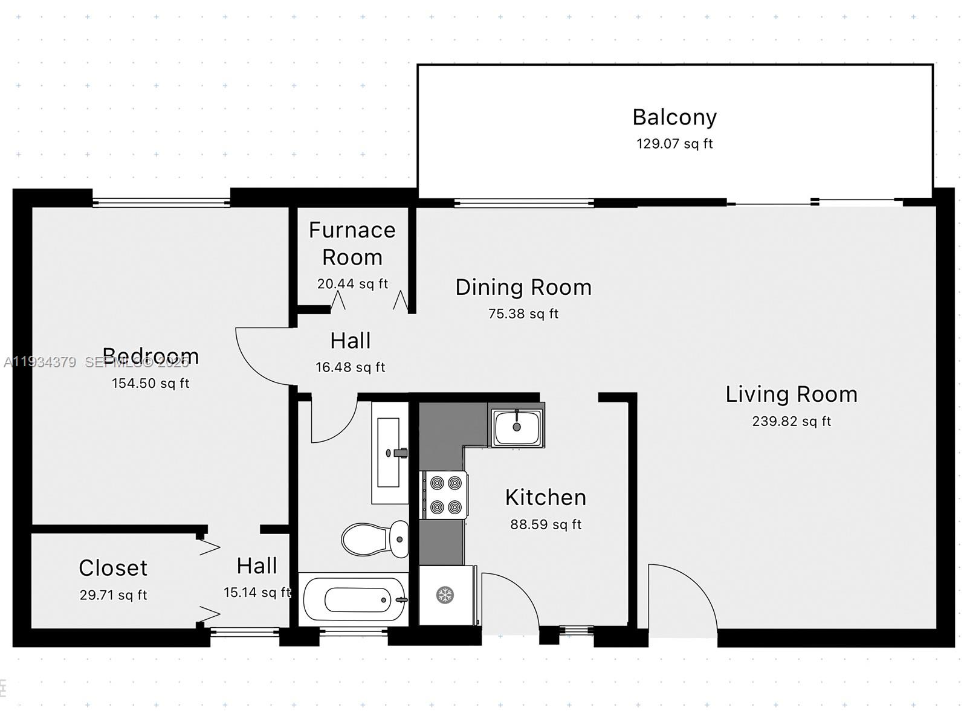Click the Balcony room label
[x=674, y=117]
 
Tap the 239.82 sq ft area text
[x=791, y=421]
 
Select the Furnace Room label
[x=352, y=243]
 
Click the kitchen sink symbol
[x=517, y=427]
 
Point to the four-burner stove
[x=445, y=495]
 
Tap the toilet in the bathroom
[x=375, y=539]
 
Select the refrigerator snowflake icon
[x=445, y=595]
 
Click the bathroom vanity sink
[x=388, y=453]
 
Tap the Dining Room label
[x=523, y=288]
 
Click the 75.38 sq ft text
[x=523, y=314]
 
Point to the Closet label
[x=113, y=568]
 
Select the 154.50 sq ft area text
[x=150, y=384]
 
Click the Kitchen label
[x=546, y=498]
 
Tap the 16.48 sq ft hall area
[x=350, y=367]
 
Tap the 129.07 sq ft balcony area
[x=674, y=144]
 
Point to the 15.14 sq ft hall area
[x=257, y=593]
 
